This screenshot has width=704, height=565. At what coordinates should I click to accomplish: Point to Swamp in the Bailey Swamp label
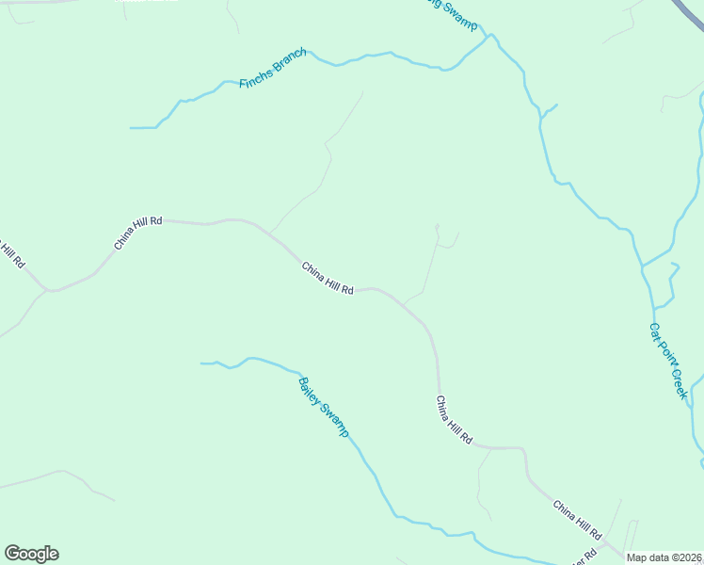(336, 420)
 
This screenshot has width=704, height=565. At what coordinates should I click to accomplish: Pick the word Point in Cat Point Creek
(666, 354)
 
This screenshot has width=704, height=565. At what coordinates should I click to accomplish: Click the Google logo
(31, 554)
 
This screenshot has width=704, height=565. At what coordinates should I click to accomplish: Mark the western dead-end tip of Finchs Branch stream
(132, 127)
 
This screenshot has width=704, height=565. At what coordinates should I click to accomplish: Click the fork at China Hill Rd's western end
(47, 290)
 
